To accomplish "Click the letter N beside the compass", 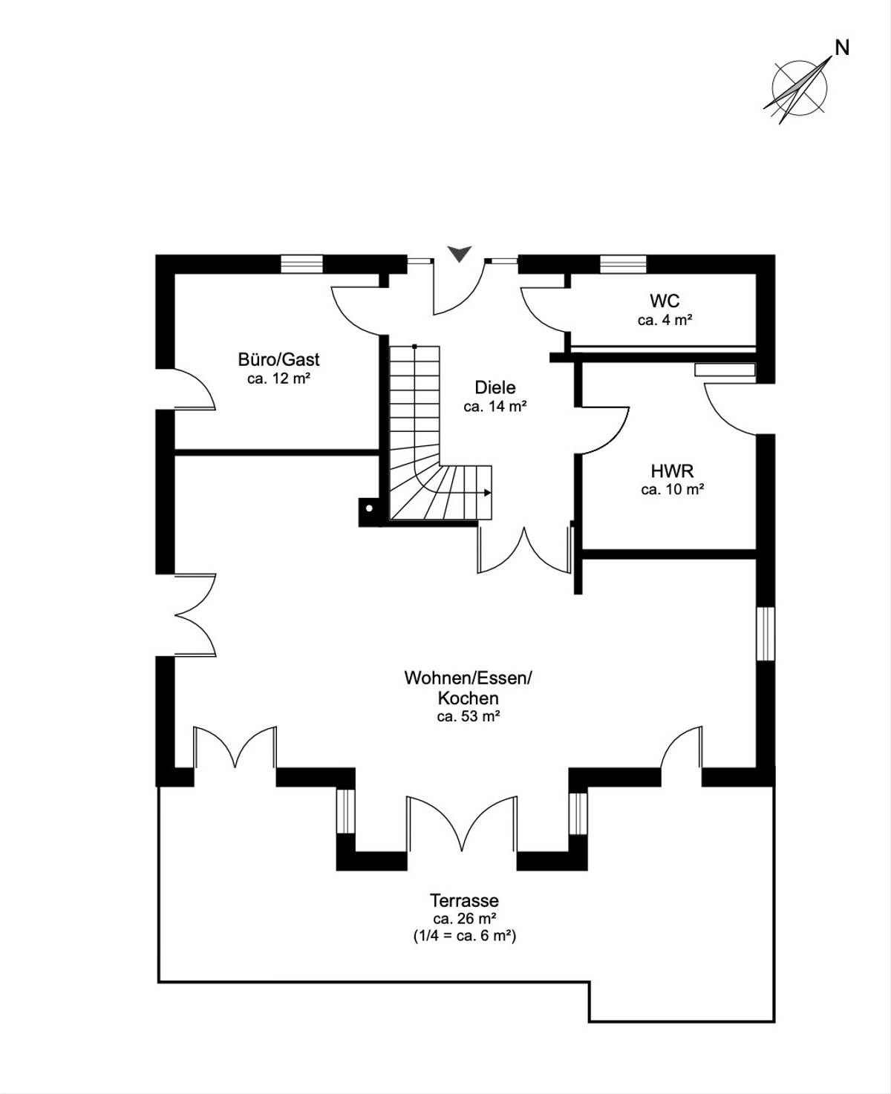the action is click(842, 48).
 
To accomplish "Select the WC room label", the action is click(665, 301).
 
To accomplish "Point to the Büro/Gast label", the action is click(278, 359).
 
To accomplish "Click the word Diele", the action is click(495, 387).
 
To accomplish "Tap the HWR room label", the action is click(672, 471).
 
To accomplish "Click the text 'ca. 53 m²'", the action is click(469, 716).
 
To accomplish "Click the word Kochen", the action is click(468, 698).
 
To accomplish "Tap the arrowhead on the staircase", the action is click(487, 493).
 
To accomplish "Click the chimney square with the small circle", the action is click(368, 508).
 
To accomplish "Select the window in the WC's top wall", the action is click(623, 263).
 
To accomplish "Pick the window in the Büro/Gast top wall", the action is click(301, 263).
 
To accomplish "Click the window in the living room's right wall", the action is click(766, 633).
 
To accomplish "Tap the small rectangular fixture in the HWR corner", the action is click(725, 370).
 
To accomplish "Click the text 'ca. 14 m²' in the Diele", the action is click(495, 407).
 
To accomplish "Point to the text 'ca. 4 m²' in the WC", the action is click(665, 320).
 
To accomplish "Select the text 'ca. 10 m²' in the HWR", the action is click(672, 489).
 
